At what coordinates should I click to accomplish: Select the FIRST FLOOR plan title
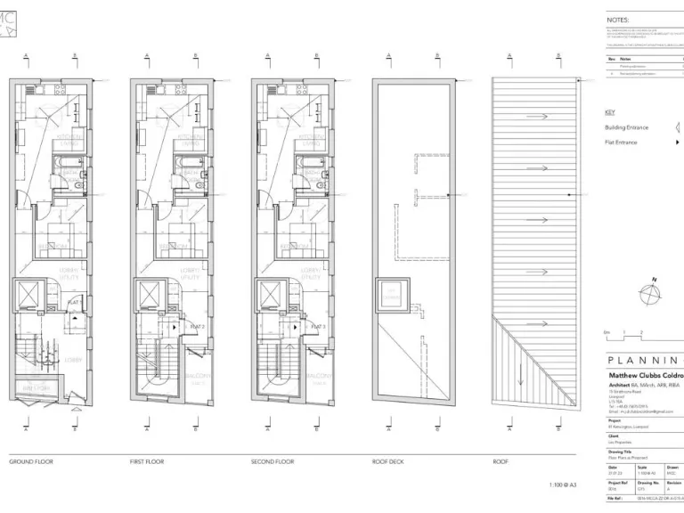pyautogui.click(x=148, y=462)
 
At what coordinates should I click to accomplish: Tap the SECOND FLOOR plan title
pyautogui.click(x=272, y=462)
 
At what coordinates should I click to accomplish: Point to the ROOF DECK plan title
pyautogui.click(x=389, y=462)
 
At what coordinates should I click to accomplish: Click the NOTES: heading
pyautogui.click(x=618, y=19)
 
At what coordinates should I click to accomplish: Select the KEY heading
pyautogui.click(x=609, y=112)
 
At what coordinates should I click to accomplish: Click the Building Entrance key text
pyautogui.click(x=627, y=127)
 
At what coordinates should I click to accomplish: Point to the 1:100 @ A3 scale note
pyautogui.click(x=563, y=484)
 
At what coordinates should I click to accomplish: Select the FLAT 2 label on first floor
pyautogui.click(x=197, y=327)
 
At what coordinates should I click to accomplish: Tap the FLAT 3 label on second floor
pyautogui.click(x=318, y=327)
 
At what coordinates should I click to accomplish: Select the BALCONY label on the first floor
pyautogui.click(x=198, y=376)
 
